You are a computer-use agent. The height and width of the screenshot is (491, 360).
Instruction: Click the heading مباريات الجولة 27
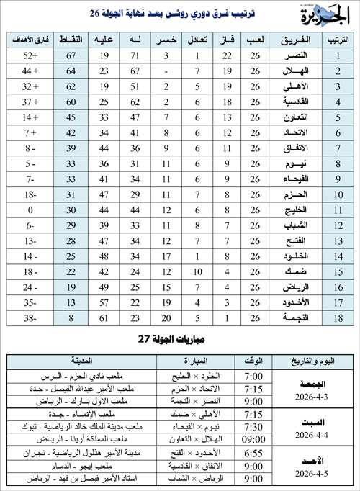point(180,340)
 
